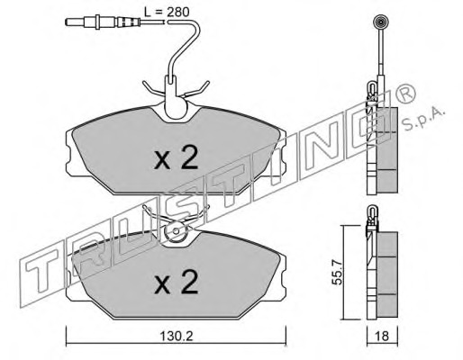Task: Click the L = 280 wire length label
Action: tap(167, 12)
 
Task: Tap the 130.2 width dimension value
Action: tap(176, 337)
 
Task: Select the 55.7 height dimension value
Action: tap(338, 272)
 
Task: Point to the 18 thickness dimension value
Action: tap(382, 336)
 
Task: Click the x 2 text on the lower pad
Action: tap(176, 282)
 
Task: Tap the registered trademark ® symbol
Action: tap(406, 94)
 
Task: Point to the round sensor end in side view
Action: tap(379, 22)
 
